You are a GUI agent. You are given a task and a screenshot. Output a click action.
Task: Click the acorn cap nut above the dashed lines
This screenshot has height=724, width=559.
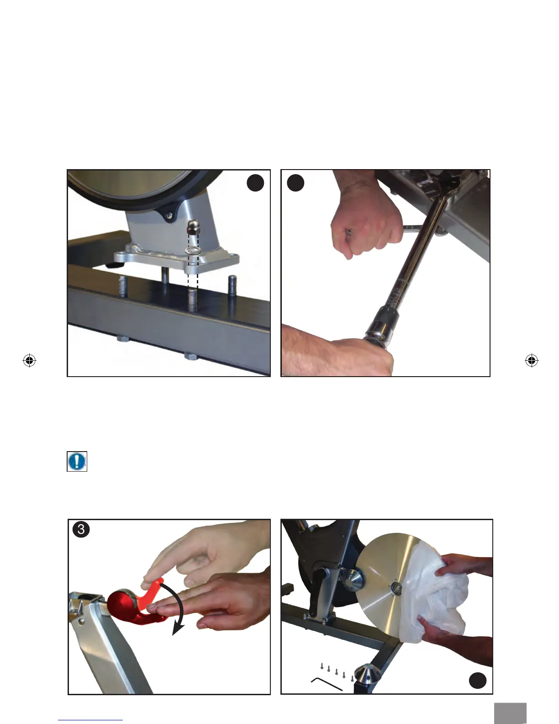194,227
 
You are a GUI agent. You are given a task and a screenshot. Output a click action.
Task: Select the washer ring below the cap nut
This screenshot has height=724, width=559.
194,250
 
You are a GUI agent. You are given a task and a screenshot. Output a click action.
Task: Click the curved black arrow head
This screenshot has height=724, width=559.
178,629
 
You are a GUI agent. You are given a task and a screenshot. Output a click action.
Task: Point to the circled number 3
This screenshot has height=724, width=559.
81,529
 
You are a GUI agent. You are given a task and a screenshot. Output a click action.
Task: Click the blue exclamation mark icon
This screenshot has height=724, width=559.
77,461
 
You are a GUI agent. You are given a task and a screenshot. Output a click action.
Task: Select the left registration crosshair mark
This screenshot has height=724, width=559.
29,360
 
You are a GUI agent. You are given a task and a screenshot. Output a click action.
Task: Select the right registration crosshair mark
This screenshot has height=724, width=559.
532,360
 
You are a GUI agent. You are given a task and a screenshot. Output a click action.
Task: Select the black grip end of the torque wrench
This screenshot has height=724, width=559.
380,326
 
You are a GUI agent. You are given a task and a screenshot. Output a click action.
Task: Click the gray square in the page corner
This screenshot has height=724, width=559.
510,713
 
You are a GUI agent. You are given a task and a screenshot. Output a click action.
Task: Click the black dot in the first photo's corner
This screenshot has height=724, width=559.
255,183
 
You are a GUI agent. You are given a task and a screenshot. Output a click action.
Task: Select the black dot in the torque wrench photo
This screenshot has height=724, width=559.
295,183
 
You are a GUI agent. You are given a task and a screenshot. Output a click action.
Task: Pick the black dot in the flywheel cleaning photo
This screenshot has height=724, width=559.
477,680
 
